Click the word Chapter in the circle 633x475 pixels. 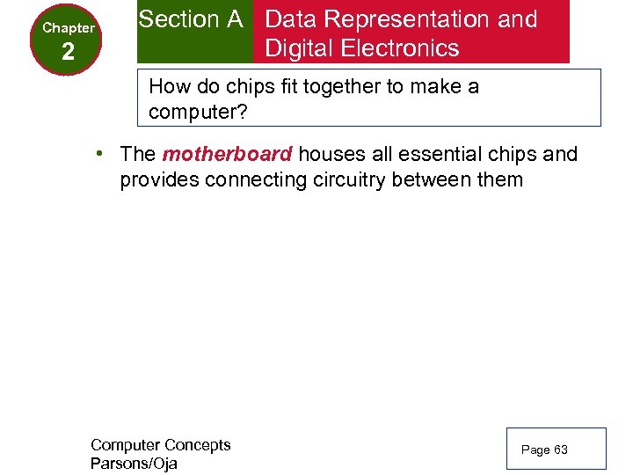click(x=69, y=27)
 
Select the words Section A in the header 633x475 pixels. click(x=191, y=19)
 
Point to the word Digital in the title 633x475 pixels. click(x=302, y=47)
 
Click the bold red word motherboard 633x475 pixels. click(x=227, y=155)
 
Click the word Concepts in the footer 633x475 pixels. click(x=197, y=445)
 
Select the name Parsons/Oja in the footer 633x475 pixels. click(x=134, y=464)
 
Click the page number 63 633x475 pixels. click(x=561, y=449)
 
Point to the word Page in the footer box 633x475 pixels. click(x=535, y=449)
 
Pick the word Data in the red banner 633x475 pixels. click(x=291, y=19)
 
